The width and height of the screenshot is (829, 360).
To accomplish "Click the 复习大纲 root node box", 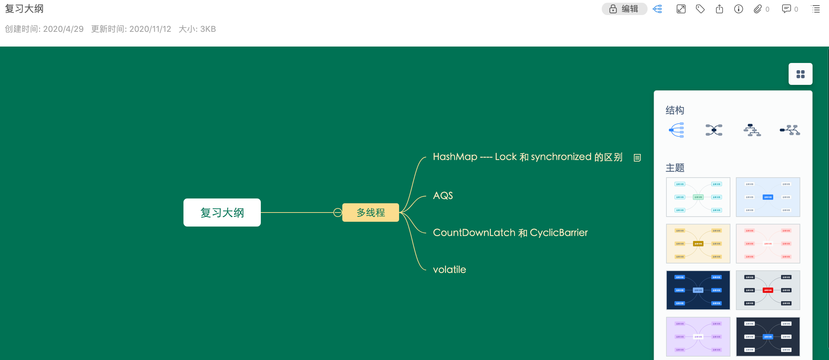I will click(222, 213).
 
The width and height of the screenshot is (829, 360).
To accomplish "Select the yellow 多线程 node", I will click(370, 213).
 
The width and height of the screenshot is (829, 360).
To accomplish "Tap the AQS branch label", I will click(443, 195).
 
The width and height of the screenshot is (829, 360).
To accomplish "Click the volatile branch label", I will click(449, 270).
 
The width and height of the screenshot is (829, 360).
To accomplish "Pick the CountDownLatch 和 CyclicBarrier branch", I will click(510, 233).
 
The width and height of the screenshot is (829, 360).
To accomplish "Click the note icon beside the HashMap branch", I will click(637, 158).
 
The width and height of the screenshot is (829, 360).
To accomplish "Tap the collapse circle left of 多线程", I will click(337, 213).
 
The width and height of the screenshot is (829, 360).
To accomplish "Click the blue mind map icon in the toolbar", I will click(657, 9).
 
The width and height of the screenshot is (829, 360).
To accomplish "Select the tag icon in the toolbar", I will click(700, 9).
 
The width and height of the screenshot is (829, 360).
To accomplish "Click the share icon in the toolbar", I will click(719, 9).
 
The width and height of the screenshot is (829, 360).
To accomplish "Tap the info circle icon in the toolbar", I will click(738, 9).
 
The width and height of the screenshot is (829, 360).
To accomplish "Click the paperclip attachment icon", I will click(757, 9).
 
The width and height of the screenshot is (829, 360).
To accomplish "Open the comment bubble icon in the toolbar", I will click(786, 9).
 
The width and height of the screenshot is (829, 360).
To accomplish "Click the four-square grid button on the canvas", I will click(800, 74).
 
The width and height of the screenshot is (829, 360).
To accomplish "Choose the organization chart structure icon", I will click(752, 130).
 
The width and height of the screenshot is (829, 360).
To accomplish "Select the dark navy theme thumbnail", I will click(698, 290).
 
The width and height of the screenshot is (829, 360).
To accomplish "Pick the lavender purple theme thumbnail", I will click(698, 337).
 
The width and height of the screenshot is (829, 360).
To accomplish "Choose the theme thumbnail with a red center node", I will click(768, 290).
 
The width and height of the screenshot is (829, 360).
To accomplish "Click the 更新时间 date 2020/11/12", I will click(150, 29).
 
